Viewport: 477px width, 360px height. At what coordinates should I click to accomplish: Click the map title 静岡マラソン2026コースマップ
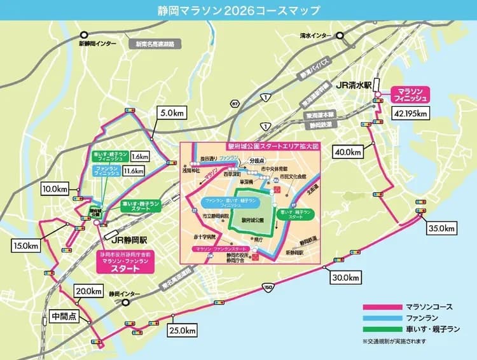pyautogui.click(x=238, y=11)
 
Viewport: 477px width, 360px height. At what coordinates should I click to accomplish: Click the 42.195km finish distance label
pyautogui.click(x=411, y=113)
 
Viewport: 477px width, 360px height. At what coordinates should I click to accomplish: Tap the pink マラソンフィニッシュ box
pyautogui.click(x=410, y=94)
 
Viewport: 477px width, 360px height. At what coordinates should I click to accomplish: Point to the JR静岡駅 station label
pyautogui.click(x=129, y=240)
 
